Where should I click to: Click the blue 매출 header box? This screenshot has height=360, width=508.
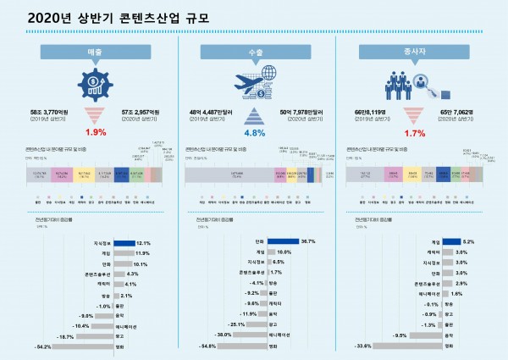point(94,53)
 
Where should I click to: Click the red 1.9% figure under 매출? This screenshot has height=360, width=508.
point(94,133)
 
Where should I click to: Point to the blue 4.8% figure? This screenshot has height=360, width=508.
point(255,133)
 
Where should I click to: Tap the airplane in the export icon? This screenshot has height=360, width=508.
point(248,84)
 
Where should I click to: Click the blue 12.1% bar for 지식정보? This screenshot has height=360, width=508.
point(124,242)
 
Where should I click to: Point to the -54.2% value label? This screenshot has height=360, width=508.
point(42,346)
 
